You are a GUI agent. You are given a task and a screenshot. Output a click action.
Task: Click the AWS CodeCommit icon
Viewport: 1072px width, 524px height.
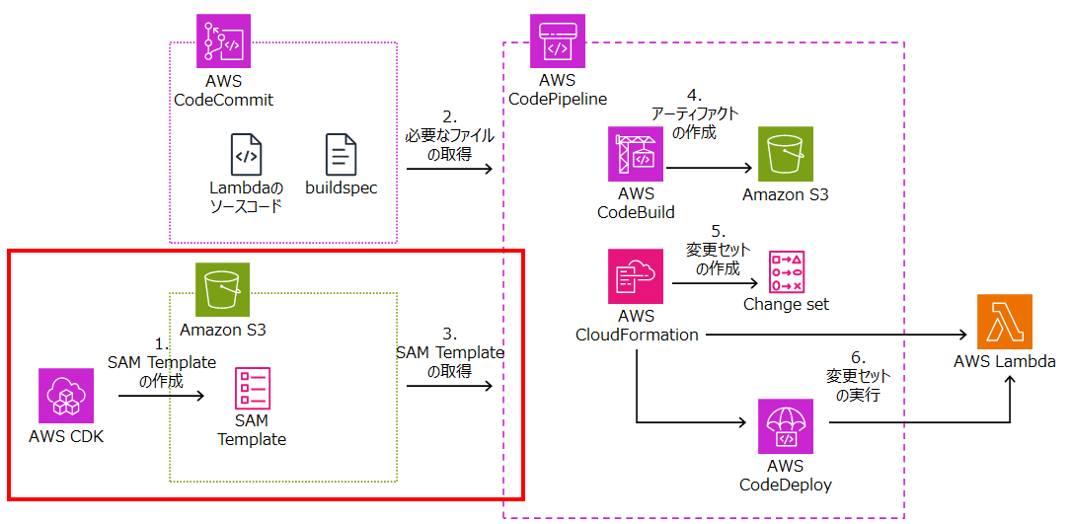coord(224,41)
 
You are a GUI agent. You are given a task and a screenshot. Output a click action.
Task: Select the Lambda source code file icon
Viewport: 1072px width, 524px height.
coord(247,155)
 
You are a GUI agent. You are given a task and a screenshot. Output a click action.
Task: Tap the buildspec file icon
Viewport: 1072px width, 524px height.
coord(342,155)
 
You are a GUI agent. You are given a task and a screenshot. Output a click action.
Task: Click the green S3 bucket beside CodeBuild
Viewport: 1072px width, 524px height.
coord(786,153)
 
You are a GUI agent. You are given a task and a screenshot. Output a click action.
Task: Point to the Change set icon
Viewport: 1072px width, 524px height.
coord(786,271)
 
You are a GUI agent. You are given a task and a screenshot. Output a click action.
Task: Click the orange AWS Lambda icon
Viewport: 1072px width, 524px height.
coord(1004,321)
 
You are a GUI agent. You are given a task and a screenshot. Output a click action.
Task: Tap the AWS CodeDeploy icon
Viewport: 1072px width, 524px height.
coord(786,426)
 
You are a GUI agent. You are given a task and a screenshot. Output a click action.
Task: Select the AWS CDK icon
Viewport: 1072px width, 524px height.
coord(65,396)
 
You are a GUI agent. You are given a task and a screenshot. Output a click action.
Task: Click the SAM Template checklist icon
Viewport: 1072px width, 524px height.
coord(252,388)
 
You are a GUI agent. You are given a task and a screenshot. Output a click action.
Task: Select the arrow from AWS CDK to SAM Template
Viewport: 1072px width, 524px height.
coord(161,397)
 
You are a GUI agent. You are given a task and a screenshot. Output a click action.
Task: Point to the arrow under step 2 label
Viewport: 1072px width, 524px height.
coord(449,170)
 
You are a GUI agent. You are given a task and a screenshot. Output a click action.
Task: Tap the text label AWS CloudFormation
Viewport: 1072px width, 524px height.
coord(637,326)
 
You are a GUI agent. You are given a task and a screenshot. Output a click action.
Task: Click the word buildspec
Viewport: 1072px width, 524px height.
coord(341,187)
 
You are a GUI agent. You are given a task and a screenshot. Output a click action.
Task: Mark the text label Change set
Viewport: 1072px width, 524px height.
coord(786,305)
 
